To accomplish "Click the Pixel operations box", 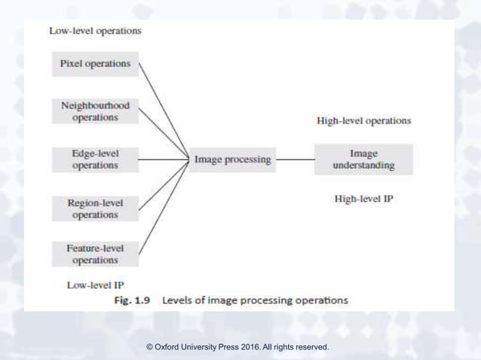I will pyautogui.click(x=95, y=64).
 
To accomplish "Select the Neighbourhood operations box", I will pyautogui.click(x=95, y=111).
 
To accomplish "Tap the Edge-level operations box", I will pyautogui.click(x=95, y=159).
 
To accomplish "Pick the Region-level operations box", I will pyautogui.click(x=95, y=209).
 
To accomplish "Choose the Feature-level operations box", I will pyautogui.click(x=95, y=254).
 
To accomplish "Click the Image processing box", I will pyautogui.click(x=232, y=160).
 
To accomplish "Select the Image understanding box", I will pyautogui.click(x=363, y=160).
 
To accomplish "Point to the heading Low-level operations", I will pyautogui.click(x=95, y=31).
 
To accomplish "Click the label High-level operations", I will pyautogui.click(x=363, y=121).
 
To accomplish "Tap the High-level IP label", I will pyautogui.click(x=363, y=200).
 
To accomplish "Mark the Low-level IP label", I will pyautogui.click(x=95, y=285).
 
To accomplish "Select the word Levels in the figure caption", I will pyautogui.click(x=179, y=300).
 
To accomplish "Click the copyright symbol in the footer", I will pyautogui.click(x=149, y=347).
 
